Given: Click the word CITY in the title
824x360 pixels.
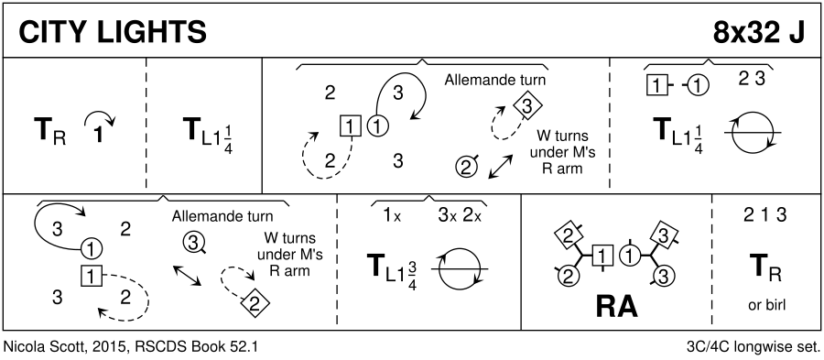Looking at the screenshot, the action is tap(53, 33).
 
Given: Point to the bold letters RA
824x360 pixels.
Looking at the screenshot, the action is tap(617, 306).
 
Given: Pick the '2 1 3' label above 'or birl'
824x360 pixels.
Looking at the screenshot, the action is tap(764, 215).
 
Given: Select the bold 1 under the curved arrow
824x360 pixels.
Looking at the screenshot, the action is tap(97, 135).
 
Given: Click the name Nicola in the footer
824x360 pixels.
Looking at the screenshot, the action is tap(21, 347).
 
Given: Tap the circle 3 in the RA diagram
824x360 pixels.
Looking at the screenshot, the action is tap(663, 276).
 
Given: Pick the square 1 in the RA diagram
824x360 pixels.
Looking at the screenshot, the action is tap(602, 256).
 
